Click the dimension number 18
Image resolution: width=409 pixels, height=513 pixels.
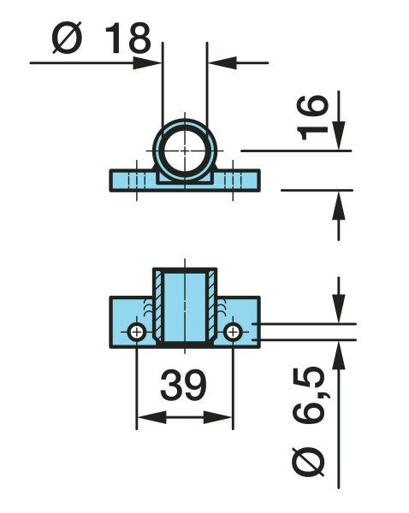pyautogui.click(x=127, y=38)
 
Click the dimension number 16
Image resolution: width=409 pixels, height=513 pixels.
pyautogui.click(x=311, y=117)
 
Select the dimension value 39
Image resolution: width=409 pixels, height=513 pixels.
pyautogui.click(x=183, y=385)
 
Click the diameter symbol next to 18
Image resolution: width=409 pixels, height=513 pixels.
pyautogui.click(x=67, y=38)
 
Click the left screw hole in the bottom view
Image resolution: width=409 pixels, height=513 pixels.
pyautogui.click(x=137, y=333)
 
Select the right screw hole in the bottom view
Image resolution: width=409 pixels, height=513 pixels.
pyautogui.click(x=233, y=333)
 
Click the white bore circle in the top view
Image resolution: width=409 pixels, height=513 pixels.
pyautogui.click(x=185, y=150)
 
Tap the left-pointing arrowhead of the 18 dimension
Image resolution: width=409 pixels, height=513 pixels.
pyautogui.click(x=222, y=62)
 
